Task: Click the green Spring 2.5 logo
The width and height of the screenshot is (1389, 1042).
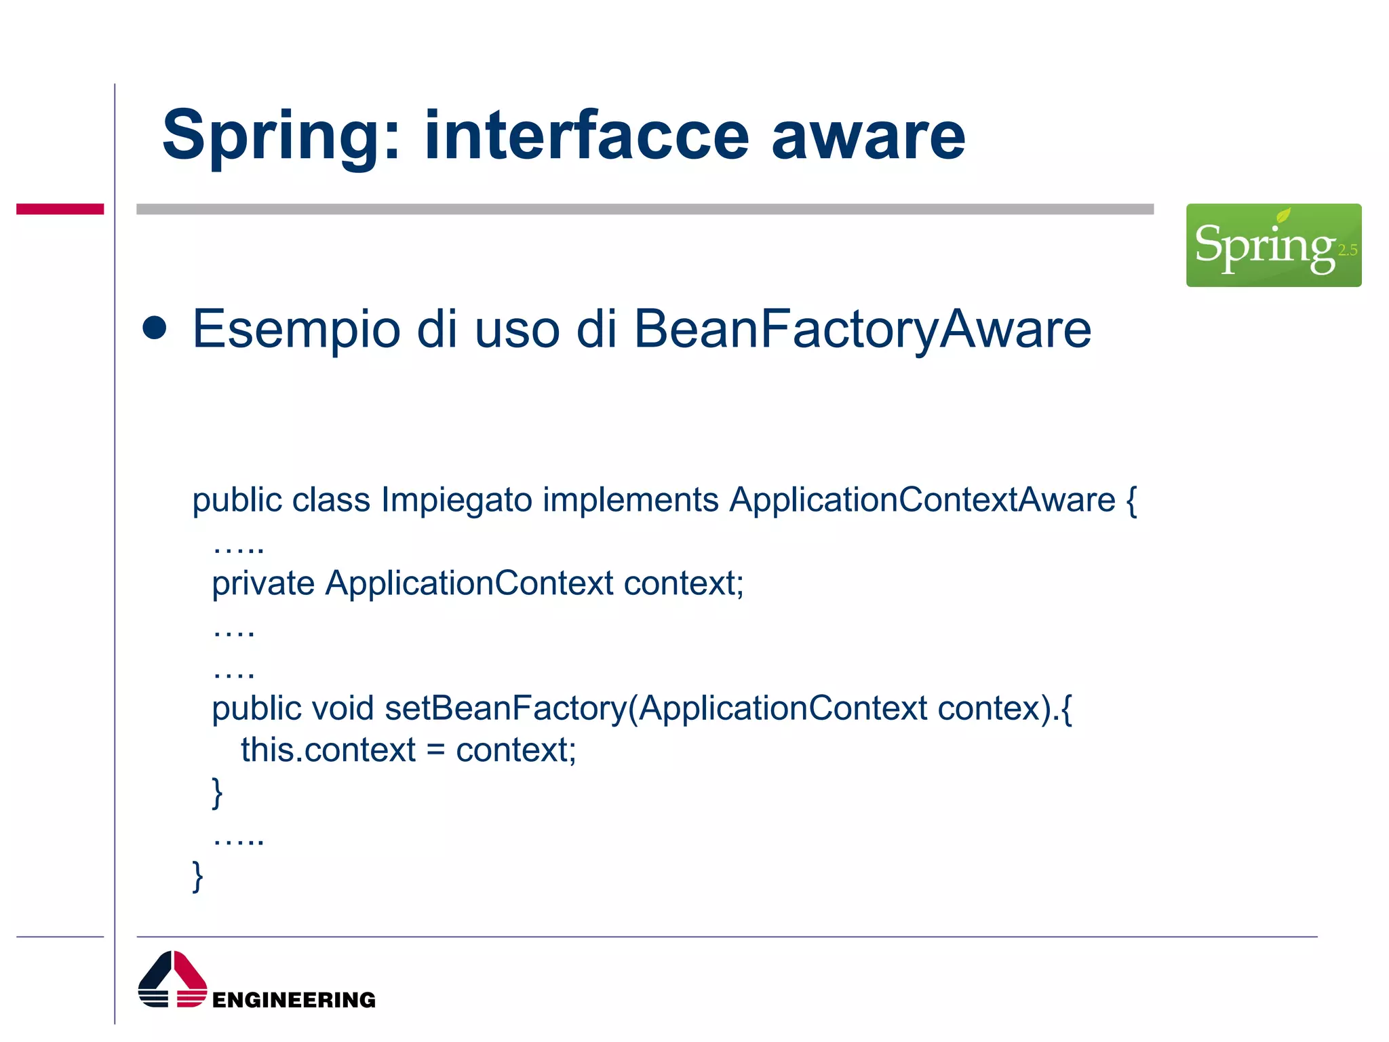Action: pos(1273,245)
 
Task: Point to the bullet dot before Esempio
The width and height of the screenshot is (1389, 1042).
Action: pos(155,328)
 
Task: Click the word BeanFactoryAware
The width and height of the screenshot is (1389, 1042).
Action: pos(862,330)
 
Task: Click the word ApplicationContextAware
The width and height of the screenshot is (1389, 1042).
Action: pos(922,501)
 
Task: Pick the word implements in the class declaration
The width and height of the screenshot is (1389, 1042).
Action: pos(630,501)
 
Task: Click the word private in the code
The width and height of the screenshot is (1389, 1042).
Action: pos(263,583)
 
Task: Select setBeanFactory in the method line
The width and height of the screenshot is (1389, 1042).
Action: pos(505,709)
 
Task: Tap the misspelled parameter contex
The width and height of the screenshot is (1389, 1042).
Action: pos(989,709)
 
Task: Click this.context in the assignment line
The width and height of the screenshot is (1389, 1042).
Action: pos(328,751)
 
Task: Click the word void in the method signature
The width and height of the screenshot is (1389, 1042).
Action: pos(343,709)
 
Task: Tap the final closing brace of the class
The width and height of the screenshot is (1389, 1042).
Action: pos(197,876)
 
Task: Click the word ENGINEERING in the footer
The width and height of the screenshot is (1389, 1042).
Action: pos(294,1000)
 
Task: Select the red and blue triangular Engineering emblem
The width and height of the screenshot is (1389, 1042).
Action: pos(172,980)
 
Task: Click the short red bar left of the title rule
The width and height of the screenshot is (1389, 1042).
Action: pos(60,209)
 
